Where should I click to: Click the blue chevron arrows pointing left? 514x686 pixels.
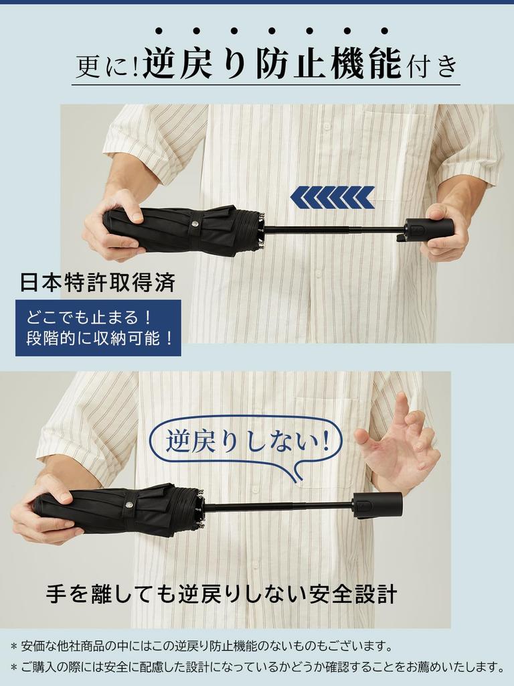click(x=332, y=197)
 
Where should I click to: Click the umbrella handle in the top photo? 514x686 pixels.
click(x=428, y=229)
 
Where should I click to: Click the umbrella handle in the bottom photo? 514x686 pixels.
click(x=377, y=504)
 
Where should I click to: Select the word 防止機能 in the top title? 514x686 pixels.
click(x=328, y=66)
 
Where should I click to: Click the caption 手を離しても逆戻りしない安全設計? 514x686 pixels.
click(x=222, y=594)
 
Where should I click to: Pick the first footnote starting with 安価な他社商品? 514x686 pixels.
click(x=201, y=646)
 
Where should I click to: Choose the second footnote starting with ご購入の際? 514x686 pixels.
click(x=257, y=667)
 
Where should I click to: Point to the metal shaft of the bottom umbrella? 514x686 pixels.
click(x=277, y=506)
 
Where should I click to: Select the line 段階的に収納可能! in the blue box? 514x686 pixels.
click(x=98, y=338)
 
